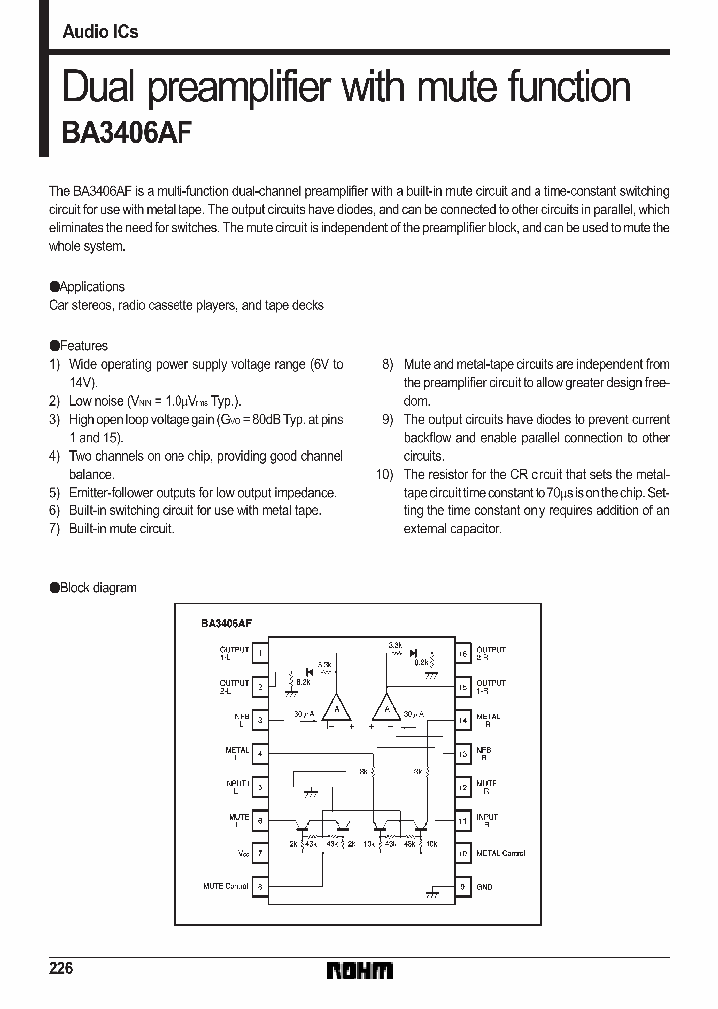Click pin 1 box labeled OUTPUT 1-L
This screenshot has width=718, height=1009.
(259, 654)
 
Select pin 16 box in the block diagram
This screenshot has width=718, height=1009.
(463, 654)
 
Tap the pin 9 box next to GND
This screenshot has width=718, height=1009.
(463, 886)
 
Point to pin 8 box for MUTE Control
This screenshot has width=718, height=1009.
(259, 886)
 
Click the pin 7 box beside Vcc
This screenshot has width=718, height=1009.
(259, 853)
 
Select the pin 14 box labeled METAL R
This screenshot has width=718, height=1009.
(463, 720)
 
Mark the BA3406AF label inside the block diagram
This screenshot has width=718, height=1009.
(226, 622)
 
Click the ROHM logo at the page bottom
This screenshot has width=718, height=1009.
(360, 970)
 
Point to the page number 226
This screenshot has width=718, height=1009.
(62, 969)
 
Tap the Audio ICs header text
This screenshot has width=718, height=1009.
(100, 32)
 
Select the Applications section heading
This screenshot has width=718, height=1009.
(88, 287)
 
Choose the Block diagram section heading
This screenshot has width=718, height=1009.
(94, 588)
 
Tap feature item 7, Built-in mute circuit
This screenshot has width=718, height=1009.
(121, 528)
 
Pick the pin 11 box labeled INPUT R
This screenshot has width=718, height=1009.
(463, 821)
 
